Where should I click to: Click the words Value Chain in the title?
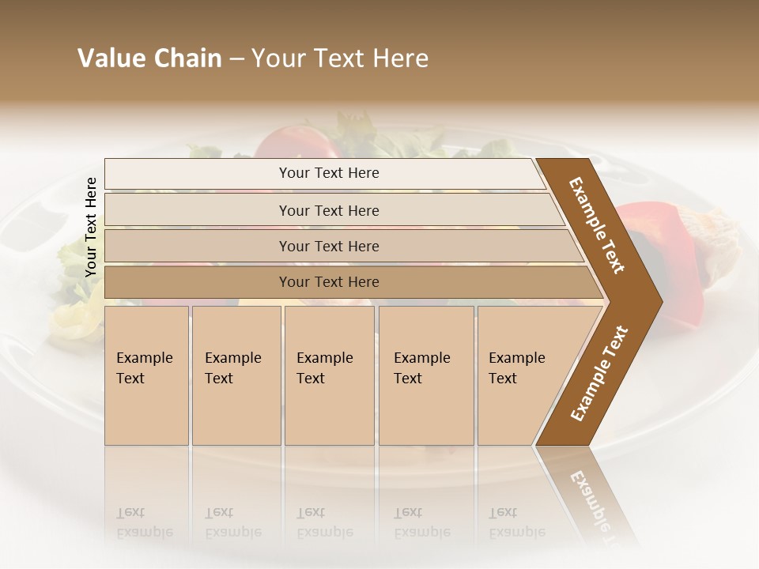click(149, 58)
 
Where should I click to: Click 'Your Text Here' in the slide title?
click(340, 58)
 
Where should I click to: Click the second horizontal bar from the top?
click(329, 210)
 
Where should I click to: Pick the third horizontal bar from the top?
click(329, 246)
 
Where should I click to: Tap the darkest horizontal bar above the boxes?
click(329, 282)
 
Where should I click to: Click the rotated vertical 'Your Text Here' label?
click(91, 227)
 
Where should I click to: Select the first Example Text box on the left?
click(146, 375)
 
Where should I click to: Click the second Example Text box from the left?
click(236, 375)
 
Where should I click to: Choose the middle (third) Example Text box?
click(329, 375)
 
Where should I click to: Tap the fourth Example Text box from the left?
click(426, 375)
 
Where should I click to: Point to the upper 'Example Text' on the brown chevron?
click(597, 225)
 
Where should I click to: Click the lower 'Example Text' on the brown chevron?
click(599, 373)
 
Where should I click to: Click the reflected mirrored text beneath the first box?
click(145, 522)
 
